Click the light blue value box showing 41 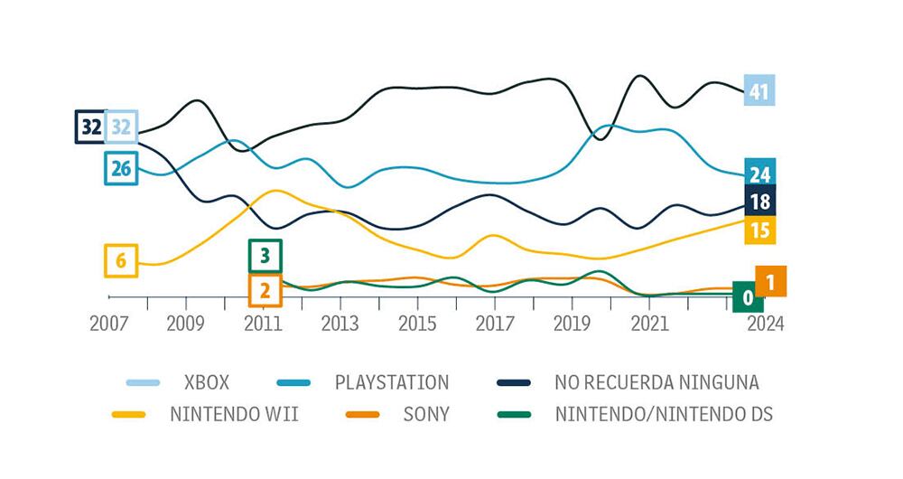tap(759, 90)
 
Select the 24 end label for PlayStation tap(759, 174)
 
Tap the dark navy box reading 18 tap(759, 201)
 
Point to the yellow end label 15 tap(759, 230)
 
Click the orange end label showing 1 tap(770, 282)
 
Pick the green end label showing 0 tap(748, 296)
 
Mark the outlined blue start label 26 tap(121, 168)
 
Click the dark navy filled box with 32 tap(90, 127)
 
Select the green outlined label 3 tap(265, 256)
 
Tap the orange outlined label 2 tap(265, 290)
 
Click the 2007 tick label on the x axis tap(108, 324)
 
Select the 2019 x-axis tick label tap(571, 324)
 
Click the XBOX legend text tap(206, 382)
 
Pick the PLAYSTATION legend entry tap(391, 382)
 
